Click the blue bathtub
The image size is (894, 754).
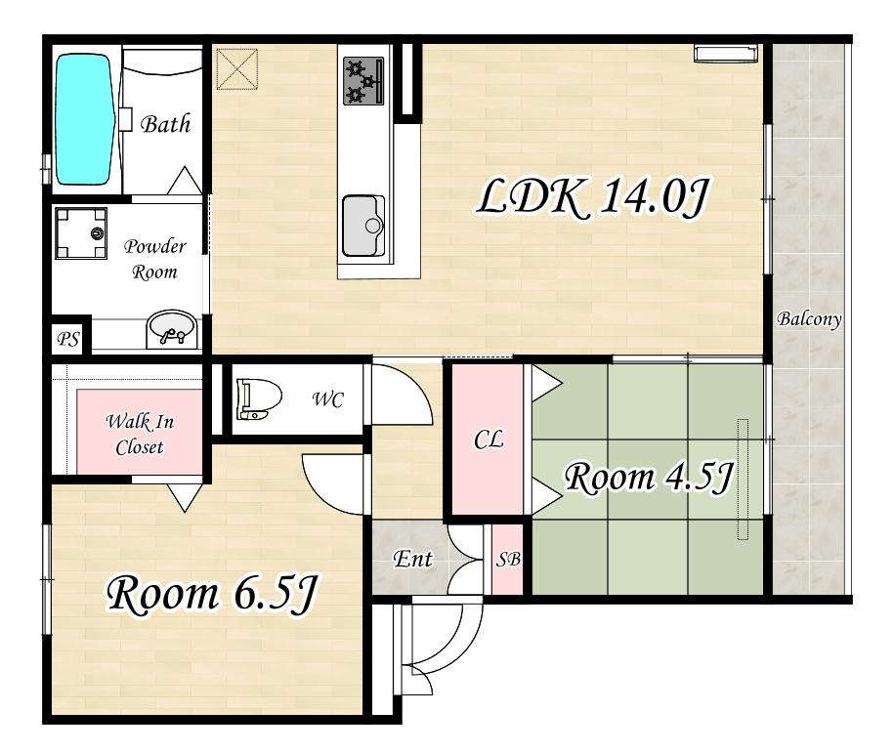pos(84,119)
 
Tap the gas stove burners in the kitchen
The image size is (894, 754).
pos(363,81)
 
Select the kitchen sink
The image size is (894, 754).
pos(363,227)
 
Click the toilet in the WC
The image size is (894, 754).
pos(260,398)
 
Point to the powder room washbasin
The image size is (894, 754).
pos(171,329)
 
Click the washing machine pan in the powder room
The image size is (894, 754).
pos(81,233)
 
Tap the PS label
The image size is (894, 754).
pos(68,340)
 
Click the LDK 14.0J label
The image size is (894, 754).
pos(592,197)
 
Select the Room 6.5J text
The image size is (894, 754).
pos(211,595)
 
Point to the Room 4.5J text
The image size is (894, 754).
pos(648,477)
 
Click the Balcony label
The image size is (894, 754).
pos(810,318)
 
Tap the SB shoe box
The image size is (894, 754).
pos(507,560)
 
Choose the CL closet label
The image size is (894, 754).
pos(489,440)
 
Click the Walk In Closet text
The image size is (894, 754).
pos(140,435)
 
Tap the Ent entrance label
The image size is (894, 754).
pos(412,559)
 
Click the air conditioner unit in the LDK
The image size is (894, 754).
pos(727,53)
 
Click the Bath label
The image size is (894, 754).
pos(165,124)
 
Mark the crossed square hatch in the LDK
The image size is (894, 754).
pos(237,69)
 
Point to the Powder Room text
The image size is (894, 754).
pos(155,260)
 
